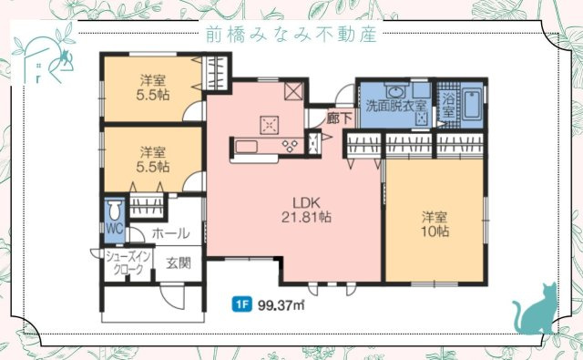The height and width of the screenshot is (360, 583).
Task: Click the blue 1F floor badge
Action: [x=242, y=304]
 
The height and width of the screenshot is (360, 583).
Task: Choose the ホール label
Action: [x=170, y=232]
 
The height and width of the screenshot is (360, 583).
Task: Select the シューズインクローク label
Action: [x=124, y=262]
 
